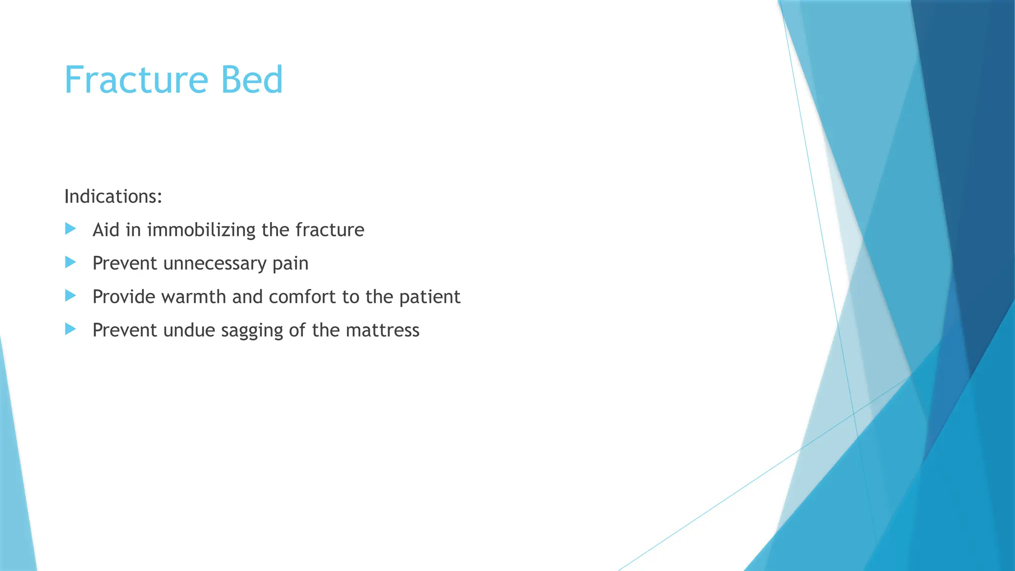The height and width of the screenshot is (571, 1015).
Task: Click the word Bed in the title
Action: tap(252, 80)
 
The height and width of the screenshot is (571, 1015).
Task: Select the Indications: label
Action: tap(113, 197)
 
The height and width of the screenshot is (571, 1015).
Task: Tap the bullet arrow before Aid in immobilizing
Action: tap(70, 228)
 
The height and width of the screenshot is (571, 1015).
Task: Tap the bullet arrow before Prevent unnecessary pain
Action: tap(70, 262)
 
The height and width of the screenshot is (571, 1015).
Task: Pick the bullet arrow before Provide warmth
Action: tap(70, 296)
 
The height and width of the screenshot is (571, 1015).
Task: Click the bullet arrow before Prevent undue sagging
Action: tap(70, 329)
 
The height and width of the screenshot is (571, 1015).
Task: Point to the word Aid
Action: tap(106, 230)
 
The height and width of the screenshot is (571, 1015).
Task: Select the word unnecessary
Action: tap(215, 264)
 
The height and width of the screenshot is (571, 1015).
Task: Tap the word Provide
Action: tap(124, 296)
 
